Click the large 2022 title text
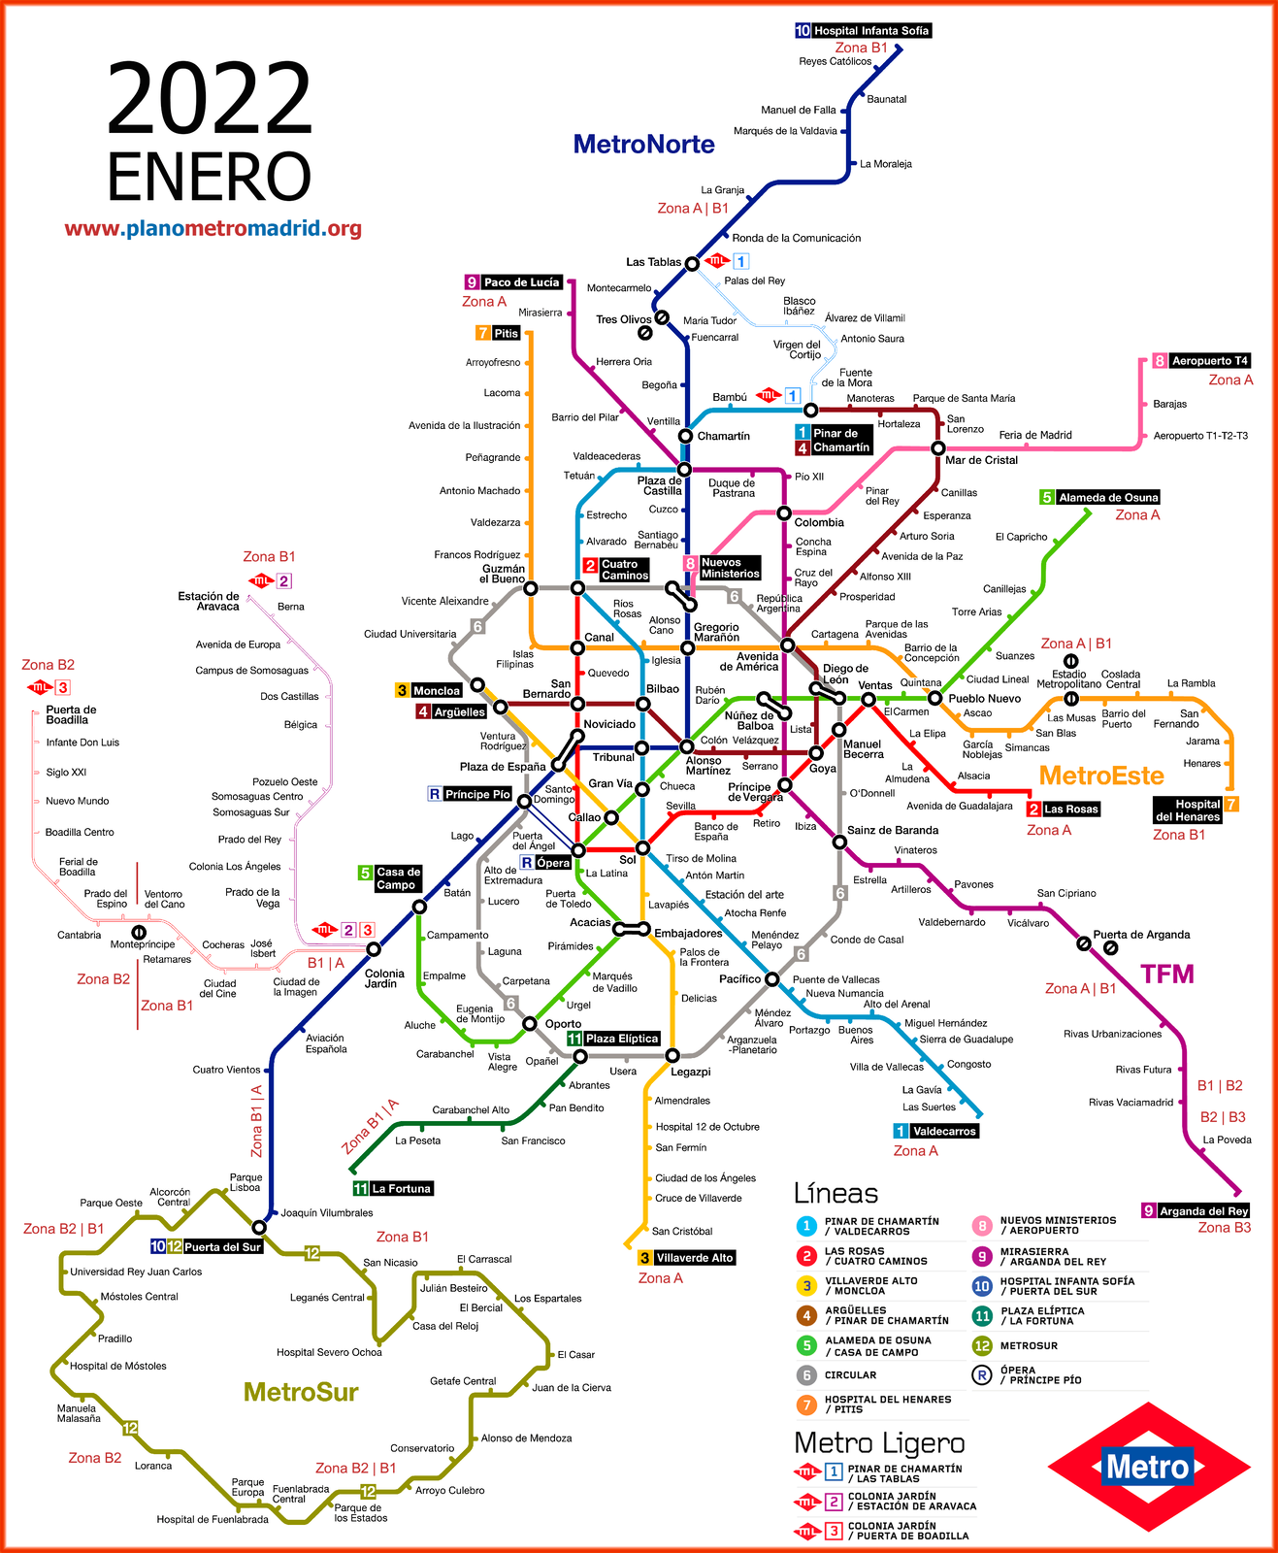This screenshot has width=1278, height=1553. pyautogui.click(x=209, y=99)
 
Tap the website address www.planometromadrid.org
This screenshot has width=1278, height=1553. pyautogui.click(x=213, y=229)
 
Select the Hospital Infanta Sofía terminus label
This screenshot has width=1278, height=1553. pyautogui.click(x=870, y=31)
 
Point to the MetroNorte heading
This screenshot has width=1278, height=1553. pyautogui.click(x=643, y=145)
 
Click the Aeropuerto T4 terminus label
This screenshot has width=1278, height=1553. pyautogui.click(x=1209, y=361)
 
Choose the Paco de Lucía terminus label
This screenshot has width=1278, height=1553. pyautogui.click(x=521, y=282)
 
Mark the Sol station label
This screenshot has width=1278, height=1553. pyautogui.click(x=628, y=860)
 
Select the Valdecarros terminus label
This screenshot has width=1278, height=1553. pyautogui.click(x=944, y=1131)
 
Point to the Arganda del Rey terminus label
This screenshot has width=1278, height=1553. pyautogui.click(x=1203, y=1211)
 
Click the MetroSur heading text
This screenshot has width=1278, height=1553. pyautogui.click(x=301, y=1392)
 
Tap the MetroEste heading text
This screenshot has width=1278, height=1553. pyautogui.click(x=1101, y=776)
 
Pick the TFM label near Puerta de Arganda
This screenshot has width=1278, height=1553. pyautogui.click(x=1166, y=975)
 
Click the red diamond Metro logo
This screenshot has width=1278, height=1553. pyautogui.click(x=1148, y=1467)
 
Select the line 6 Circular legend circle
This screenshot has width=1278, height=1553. pyautogui.click(x=806, y=1375)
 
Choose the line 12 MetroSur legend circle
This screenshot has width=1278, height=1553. pyautogui.click(x=982, y=1346)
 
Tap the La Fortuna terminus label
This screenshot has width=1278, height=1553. pyautogui.click(x=401, y=1189)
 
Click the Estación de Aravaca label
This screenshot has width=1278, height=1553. pyautogui.click(x=209, y=602)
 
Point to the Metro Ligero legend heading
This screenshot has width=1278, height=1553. pyautogui.click(x=879, y=1443)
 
